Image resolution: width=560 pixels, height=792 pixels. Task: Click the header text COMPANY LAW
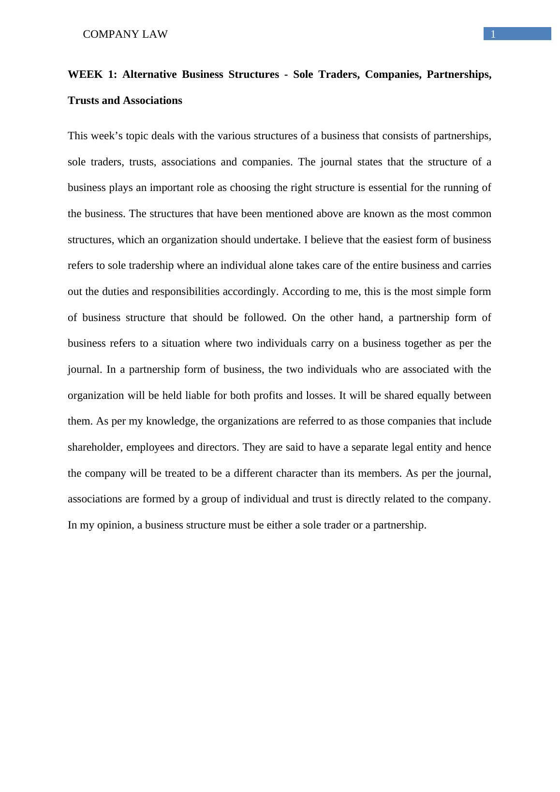[125, 34]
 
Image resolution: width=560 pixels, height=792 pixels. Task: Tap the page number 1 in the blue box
[493, 34]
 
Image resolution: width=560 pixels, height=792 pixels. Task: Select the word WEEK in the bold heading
[85, 74]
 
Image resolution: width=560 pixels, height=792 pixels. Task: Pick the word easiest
[398, 240]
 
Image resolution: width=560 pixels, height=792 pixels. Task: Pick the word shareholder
[94, 447]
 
